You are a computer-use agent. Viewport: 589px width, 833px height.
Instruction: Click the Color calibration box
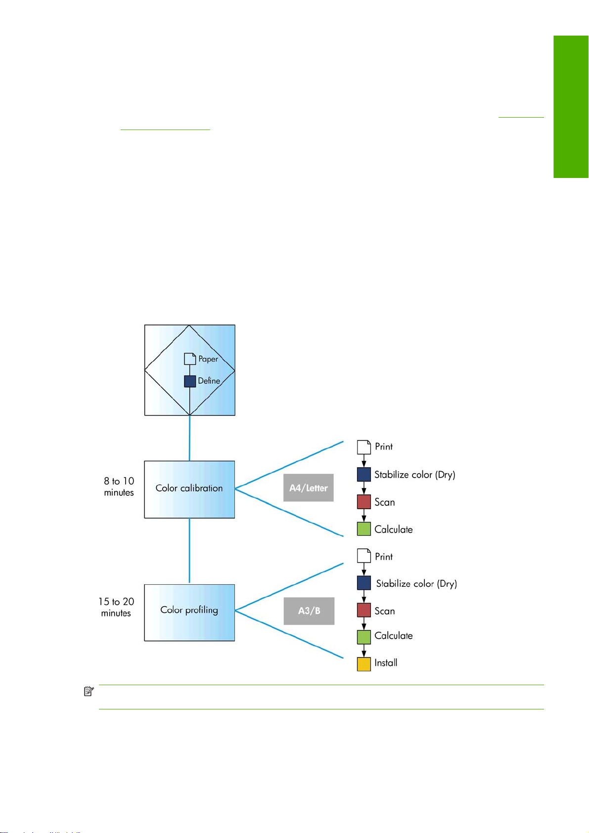[x=189, y=489]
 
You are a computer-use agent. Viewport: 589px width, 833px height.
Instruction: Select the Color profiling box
[x=189, y=613]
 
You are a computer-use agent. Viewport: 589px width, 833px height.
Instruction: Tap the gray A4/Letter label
[x=309, y=487]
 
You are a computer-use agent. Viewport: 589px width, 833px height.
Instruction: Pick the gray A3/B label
[x=309, y=611]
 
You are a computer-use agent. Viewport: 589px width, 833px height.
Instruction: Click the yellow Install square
[x=364, y=664]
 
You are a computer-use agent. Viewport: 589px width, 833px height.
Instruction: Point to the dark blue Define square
[x=190, y=381]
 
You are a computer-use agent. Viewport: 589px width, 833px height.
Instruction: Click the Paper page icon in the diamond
[x=190, y=359]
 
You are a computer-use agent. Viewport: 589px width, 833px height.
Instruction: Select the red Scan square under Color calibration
[x=364, y=502]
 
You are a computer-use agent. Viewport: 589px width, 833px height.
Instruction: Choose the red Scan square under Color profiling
[x=364, y=610]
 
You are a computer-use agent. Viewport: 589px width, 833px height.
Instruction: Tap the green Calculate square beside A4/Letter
[x=364, y=529]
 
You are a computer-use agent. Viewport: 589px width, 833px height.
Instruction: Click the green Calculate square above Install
[x=364, y=637]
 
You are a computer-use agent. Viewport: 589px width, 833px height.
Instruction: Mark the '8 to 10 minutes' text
[x=119, y=486]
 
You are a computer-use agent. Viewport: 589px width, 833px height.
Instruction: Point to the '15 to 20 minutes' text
[x=116, y=607]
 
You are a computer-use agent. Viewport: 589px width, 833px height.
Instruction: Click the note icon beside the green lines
[x=89, y=691]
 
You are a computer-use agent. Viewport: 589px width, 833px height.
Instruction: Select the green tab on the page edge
[x=571, y=107]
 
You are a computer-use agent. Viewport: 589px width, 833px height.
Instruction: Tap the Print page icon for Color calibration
[x=364, y=447]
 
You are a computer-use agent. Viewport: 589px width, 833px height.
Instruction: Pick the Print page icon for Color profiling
[x=364, y=556]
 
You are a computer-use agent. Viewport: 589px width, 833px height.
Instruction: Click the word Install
[x=386, y=662]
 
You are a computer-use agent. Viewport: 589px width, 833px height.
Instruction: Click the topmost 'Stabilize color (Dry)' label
[x=415, y=475]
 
